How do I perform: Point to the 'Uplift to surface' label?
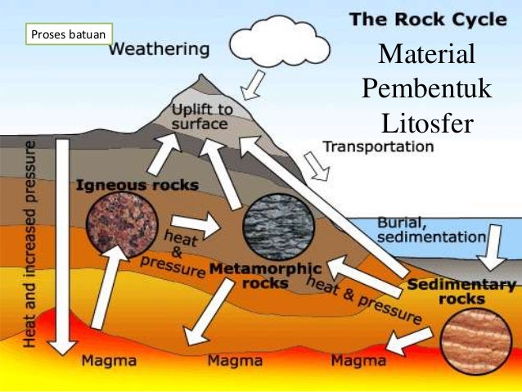202,117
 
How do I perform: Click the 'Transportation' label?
378,147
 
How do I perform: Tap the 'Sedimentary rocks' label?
461,292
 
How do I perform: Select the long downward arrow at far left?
61,246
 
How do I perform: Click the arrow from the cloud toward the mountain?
255,82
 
